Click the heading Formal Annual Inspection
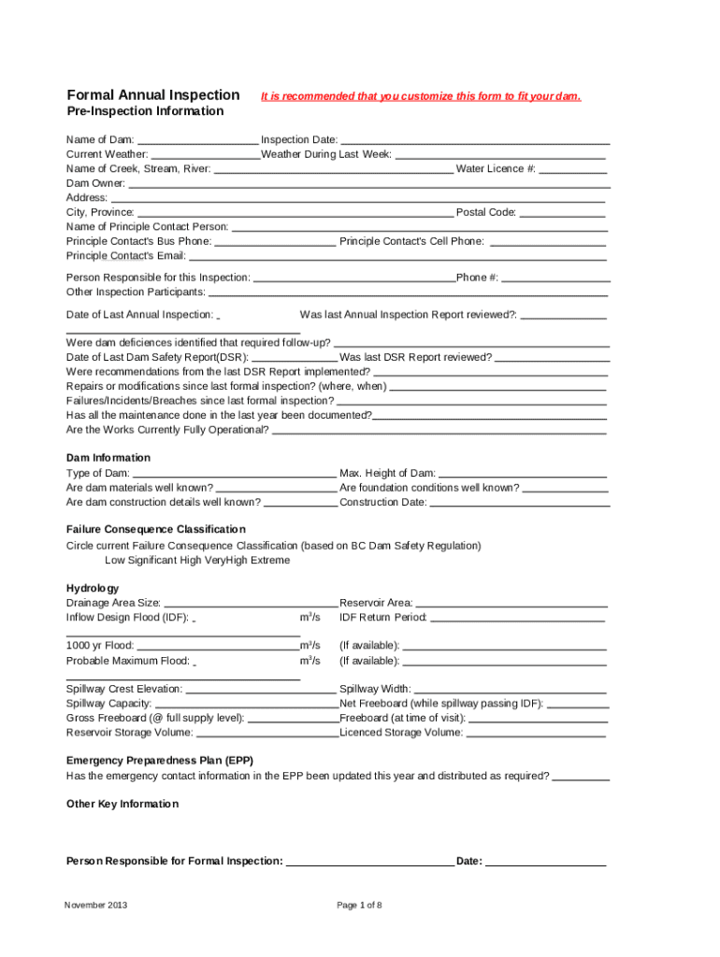coord(153,95)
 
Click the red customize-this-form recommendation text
coord(421,96)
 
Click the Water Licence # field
coord(572,169)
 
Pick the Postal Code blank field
coord(562,213)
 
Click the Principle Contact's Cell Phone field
coord(547,242)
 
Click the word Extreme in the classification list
coord(269,561)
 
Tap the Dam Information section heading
coord(108,458)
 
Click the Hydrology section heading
coord(93,588)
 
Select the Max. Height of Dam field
coord(523,474)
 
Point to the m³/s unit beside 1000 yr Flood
coord(310,646)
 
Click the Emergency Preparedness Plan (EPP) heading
coord(160,760)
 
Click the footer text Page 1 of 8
coord(359,906)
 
